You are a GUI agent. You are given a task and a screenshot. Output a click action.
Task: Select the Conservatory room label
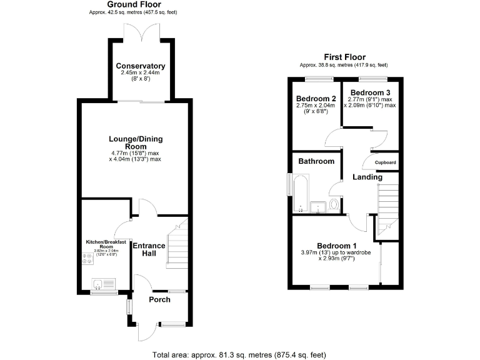pos(141,66)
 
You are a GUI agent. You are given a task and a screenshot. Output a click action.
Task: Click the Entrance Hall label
pos(149,250)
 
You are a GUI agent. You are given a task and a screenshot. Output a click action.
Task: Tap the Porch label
pos(159,300)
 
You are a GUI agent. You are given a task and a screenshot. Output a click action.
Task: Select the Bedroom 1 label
pos(337,245)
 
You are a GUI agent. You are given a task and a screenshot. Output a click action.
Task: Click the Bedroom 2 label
pos(316,99)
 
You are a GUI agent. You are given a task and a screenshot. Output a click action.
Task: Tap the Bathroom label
pos(316,161)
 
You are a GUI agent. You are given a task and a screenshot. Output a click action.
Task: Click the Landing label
pos(367,177)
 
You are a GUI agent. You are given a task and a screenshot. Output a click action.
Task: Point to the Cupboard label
pos(386,162)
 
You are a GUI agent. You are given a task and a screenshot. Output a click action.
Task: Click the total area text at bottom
pos(240,354)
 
